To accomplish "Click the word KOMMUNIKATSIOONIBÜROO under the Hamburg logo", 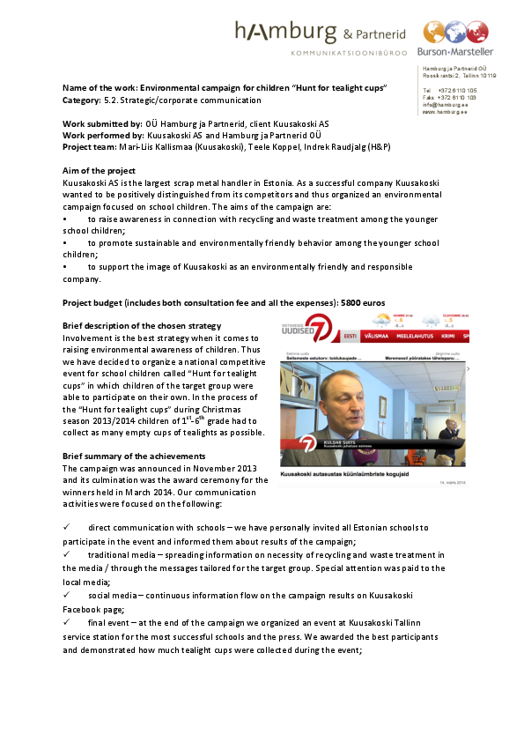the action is (347, 53).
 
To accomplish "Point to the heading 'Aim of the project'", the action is (100, 170).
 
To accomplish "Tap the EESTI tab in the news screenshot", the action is (350, 337).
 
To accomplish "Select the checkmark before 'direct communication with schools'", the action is (67, 527).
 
